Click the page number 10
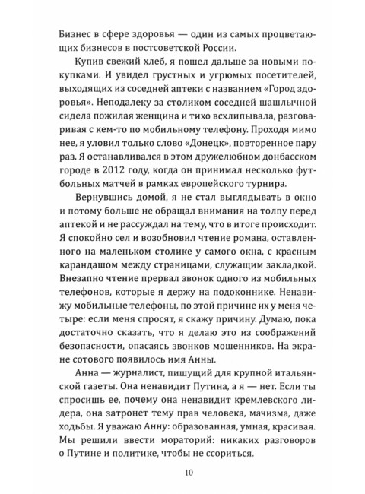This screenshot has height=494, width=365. (x=189, y=471)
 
